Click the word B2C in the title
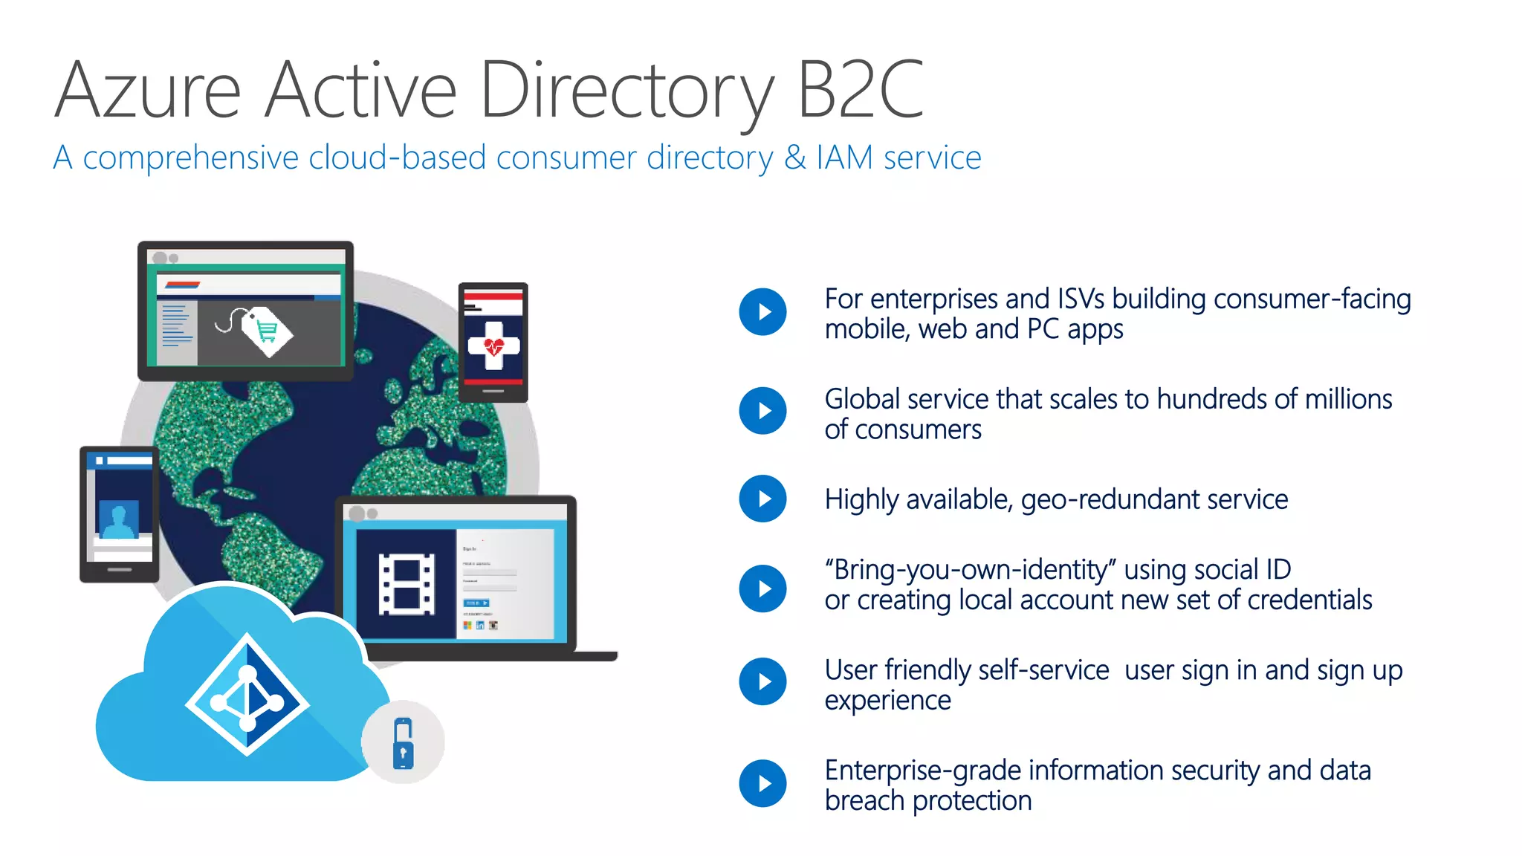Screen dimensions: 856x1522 860,91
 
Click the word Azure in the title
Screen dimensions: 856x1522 149,91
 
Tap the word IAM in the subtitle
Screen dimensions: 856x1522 844,158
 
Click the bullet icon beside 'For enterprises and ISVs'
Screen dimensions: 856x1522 762,312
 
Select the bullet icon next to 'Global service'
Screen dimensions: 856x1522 762,411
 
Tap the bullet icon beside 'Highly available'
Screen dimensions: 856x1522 762,499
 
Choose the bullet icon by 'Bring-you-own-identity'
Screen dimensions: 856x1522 762,588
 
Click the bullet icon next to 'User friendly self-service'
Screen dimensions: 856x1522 762,681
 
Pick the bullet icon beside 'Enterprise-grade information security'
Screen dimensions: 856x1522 762,783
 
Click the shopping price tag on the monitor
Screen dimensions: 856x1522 266,331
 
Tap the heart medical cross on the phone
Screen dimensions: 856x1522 493,346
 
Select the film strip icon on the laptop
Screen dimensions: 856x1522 407,584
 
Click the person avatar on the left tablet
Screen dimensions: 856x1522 119,519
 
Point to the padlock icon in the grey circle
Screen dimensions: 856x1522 403,742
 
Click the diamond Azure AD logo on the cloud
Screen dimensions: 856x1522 247,695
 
